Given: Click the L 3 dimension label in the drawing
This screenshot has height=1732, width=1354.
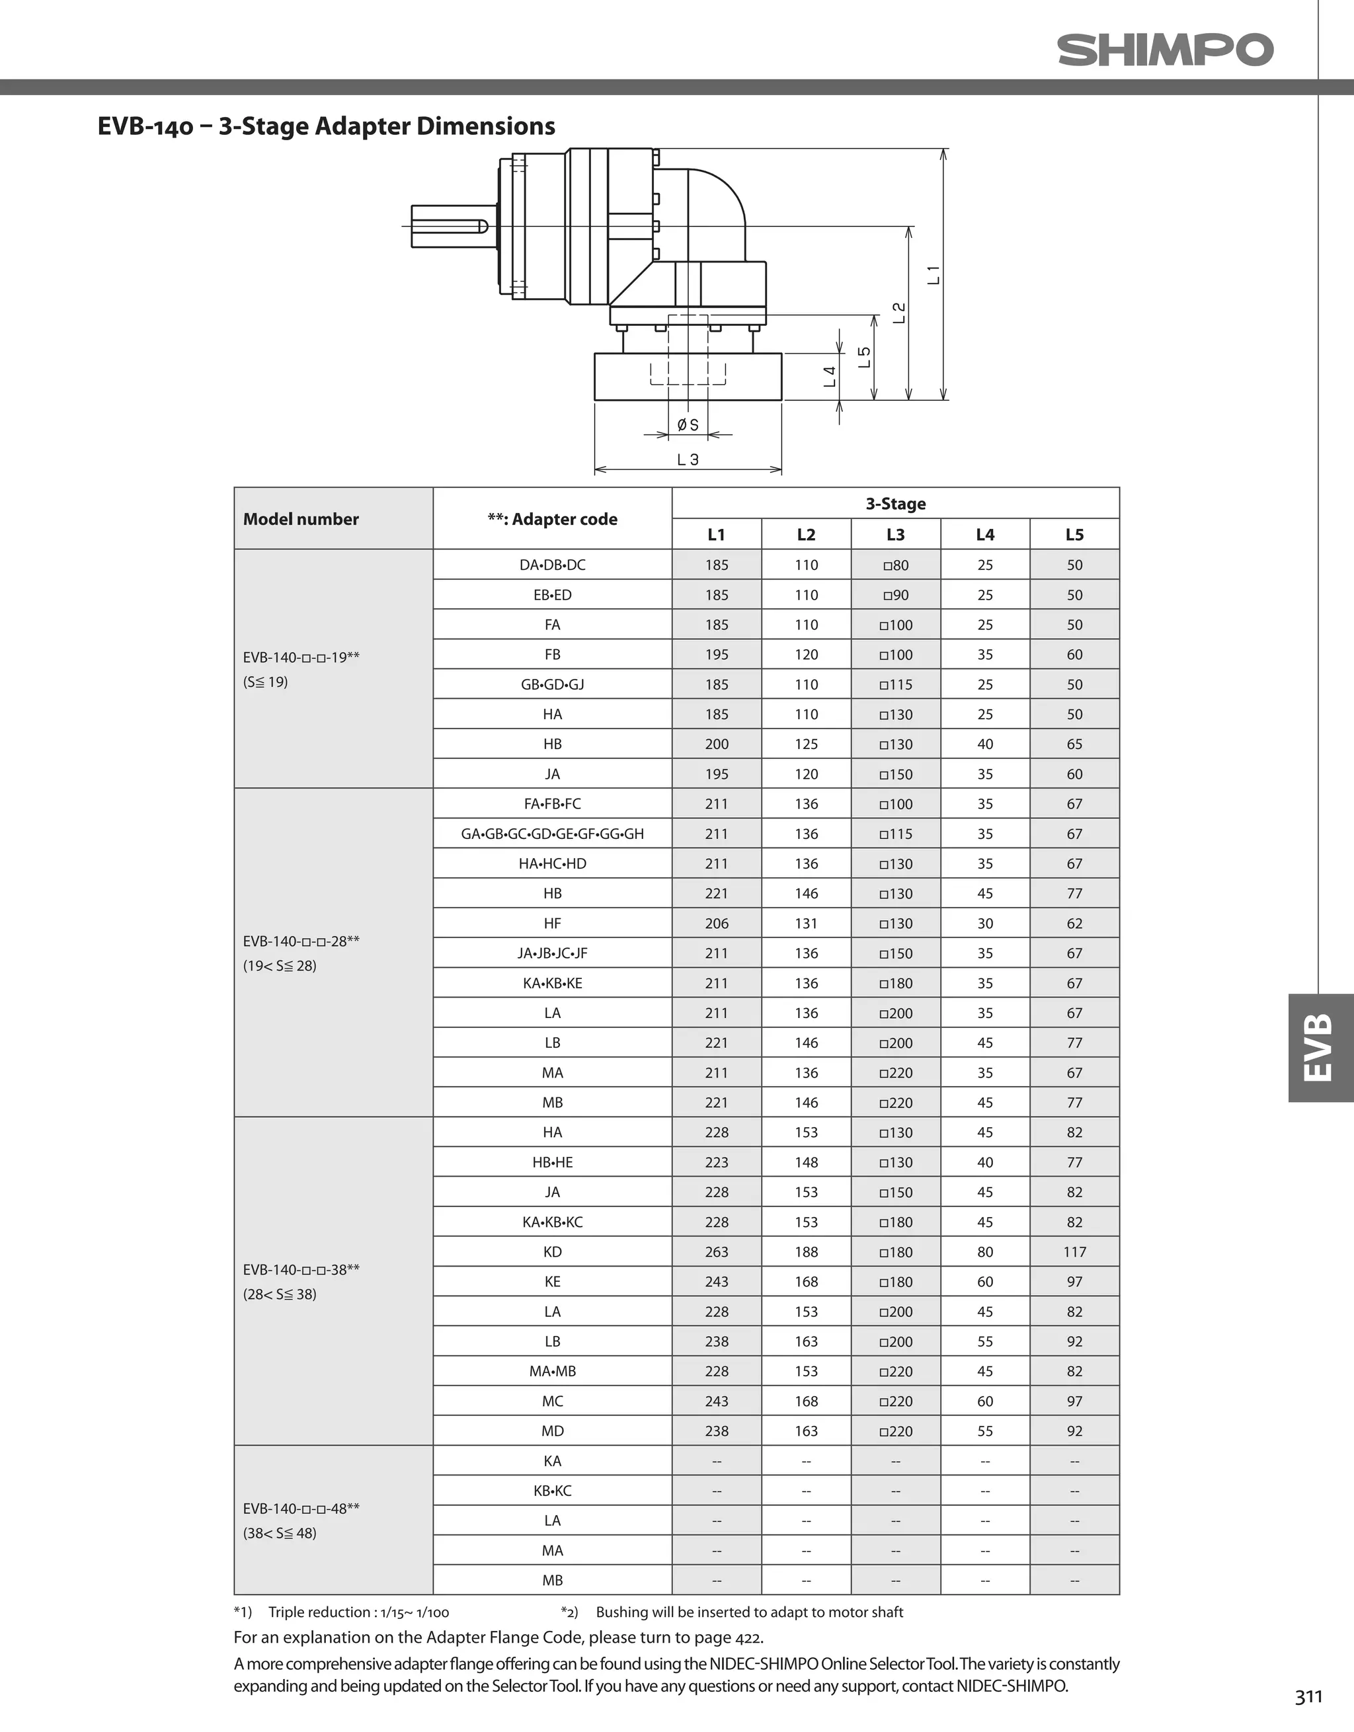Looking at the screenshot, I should tap(688, 459).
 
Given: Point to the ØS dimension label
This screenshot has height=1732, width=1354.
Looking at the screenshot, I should tap(688, 425).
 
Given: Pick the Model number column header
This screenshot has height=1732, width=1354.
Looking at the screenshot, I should tap(301, 520).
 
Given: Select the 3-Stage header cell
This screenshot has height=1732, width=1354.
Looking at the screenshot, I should tap(896, 504).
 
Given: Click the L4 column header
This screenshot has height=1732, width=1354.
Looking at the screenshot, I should tap(984, 535).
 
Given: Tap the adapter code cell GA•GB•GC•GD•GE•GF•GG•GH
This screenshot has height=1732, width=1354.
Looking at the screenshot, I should tap(552, 834).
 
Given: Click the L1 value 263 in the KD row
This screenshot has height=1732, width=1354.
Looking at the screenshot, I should tap(716, 1251).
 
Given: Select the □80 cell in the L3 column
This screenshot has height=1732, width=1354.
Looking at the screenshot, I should tap(896, 565).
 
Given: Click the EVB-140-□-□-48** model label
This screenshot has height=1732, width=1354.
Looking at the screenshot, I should tap(301, 1509).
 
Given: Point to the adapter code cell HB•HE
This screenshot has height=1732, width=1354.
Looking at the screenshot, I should tap(552, 1161).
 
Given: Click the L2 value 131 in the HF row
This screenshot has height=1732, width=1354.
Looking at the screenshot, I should tap(806, 923).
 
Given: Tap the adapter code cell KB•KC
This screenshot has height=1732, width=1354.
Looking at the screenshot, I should tap(552, 1490).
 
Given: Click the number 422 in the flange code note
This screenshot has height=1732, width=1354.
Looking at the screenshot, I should tap(747, 1637).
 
